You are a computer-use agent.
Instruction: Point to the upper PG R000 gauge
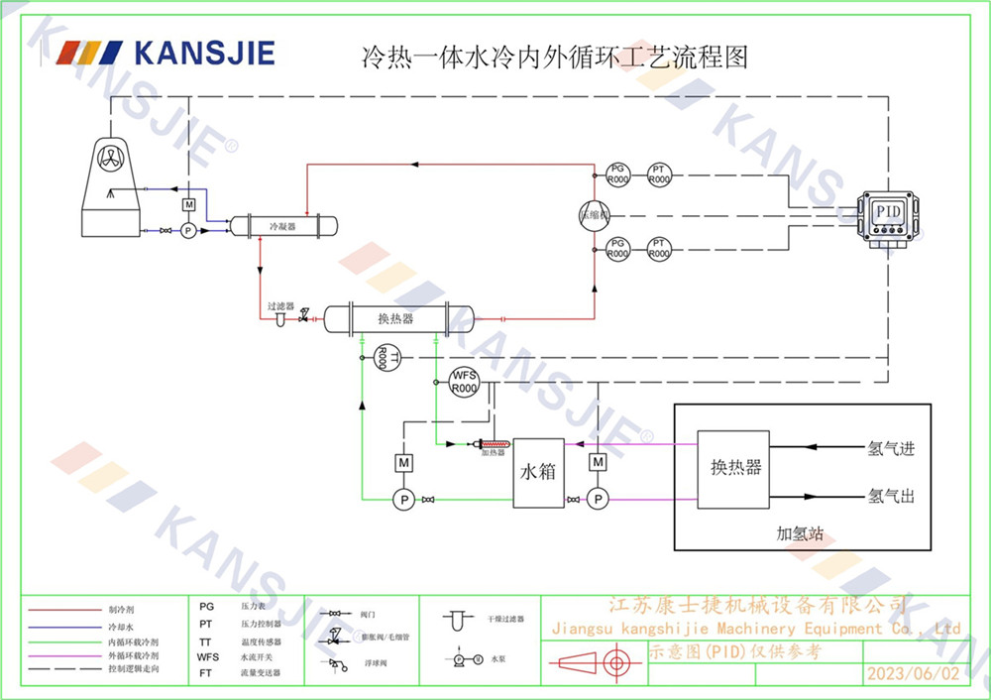(x=618, y=174)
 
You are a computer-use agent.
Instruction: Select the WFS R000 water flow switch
(x=464, y=382)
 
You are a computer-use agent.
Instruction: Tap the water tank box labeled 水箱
(x=538, y=473)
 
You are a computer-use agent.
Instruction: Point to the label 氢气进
(x=891, y=449)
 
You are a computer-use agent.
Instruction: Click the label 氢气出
(x=891, y=496)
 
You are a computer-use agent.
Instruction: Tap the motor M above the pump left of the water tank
(x=404, y=462)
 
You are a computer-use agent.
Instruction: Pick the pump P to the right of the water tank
(x=597, y=500)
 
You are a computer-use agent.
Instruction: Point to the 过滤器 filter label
(x=280, y=307)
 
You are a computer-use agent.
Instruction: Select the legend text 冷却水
(x=120, y=628)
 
